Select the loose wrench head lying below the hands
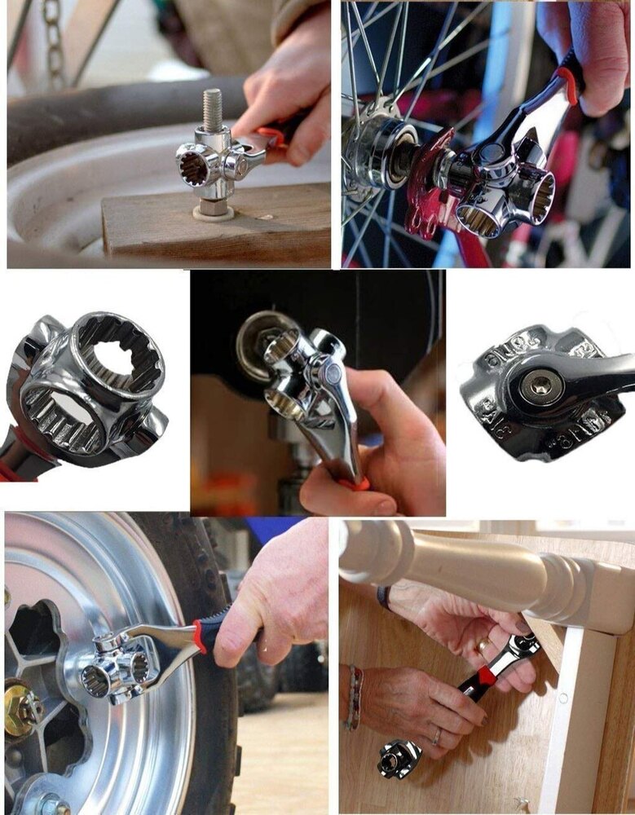(399, 758)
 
